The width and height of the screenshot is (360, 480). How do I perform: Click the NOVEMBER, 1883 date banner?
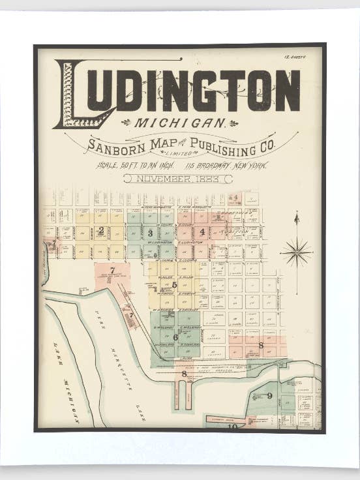(x=177, y=178)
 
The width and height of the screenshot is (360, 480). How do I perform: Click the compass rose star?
(x=296, y=251)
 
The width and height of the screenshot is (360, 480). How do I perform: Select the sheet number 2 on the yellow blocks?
(x=101, y=230)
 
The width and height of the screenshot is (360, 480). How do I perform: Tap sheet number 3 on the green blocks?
(x=150, y=232)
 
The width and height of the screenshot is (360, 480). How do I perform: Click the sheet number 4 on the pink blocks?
(x=202, y=231)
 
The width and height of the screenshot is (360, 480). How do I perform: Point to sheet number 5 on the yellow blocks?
(x=174, y=284)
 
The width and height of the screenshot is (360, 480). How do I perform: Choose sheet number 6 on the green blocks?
(x=175, y=337)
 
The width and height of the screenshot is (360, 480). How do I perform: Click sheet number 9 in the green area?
(x=269, y=395)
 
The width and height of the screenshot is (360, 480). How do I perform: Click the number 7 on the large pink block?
(x=112, y=270)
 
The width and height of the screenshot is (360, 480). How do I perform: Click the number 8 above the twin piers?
(x=184, y=374)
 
